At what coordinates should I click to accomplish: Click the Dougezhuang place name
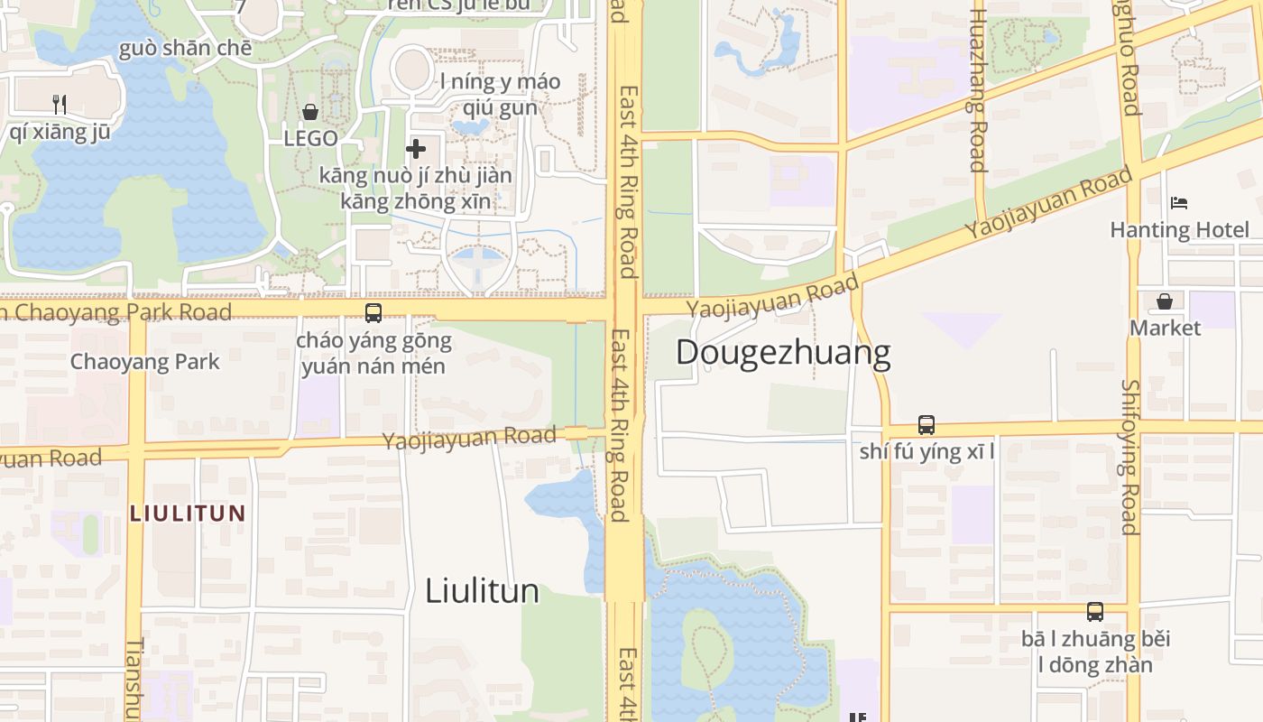[x=782, y=353]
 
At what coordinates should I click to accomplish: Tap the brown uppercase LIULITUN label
[x=188, y=514]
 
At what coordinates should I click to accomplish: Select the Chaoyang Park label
[x=144, y=362]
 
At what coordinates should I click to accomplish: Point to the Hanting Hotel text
[x=1179, y=230]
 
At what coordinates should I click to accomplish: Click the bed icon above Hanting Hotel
[x=1179, y=203]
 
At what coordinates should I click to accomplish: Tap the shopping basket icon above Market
[x=1165, y=301]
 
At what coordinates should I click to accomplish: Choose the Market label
[x=1165, y=328]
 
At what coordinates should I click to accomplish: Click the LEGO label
[x=310, y=139]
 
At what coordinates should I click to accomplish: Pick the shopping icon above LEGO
[x=310, y=112]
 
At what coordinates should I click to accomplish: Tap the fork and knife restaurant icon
[x=60, y=104]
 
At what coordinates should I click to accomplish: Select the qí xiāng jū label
[x=60, y=132]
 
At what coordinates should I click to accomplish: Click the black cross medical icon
[x=416, y=148]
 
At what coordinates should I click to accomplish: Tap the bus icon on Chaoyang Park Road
[x=373, y=313]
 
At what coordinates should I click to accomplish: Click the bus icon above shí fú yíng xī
[x=927, y=424]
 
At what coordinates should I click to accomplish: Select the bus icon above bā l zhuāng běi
[x=1095, y=612]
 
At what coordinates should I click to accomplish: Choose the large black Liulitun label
[x=482, y=591]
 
